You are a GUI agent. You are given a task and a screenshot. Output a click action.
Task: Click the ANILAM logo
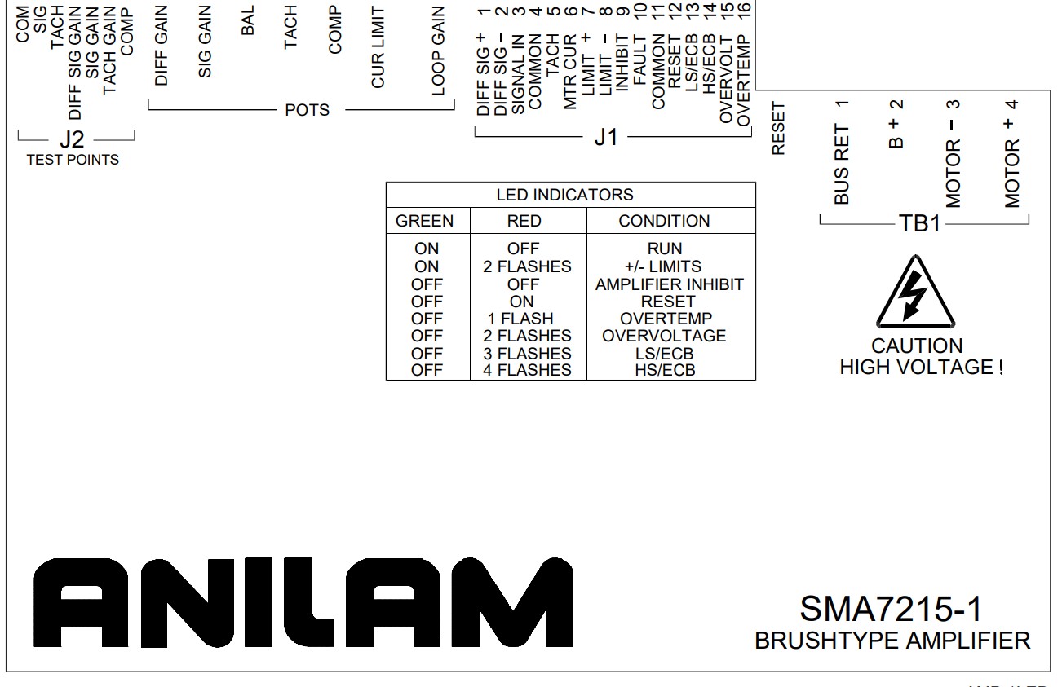303,602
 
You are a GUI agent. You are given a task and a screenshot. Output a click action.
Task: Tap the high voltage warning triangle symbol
915,292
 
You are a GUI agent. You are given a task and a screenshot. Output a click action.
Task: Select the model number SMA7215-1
891,609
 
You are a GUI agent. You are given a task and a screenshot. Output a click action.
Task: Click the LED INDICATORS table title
564,195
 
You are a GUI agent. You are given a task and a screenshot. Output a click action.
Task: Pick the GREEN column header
424,221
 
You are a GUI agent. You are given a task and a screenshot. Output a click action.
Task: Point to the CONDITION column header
664,221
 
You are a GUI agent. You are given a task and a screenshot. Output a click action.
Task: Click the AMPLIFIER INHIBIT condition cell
670,284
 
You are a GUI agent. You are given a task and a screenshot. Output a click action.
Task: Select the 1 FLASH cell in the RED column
520,319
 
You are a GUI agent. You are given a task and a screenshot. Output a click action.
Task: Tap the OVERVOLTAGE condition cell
664,336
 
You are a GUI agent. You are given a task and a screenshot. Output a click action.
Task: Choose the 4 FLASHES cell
527,370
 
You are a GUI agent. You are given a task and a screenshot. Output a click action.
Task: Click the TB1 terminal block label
920,223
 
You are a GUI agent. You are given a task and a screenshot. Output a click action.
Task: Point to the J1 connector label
606,138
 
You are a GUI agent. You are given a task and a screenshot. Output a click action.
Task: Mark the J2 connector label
72,139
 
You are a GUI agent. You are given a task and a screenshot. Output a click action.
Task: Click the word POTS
308,110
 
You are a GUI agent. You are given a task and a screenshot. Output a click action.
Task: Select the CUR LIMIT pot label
378,47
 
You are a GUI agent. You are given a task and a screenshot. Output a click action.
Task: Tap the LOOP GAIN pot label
438,51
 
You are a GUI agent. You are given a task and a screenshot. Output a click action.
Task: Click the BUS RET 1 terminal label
842,152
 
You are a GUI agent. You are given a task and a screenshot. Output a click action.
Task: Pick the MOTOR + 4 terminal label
1012,153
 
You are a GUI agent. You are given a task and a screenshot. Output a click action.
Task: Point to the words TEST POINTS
73,160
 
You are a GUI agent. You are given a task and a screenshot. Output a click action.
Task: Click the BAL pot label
248,20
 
